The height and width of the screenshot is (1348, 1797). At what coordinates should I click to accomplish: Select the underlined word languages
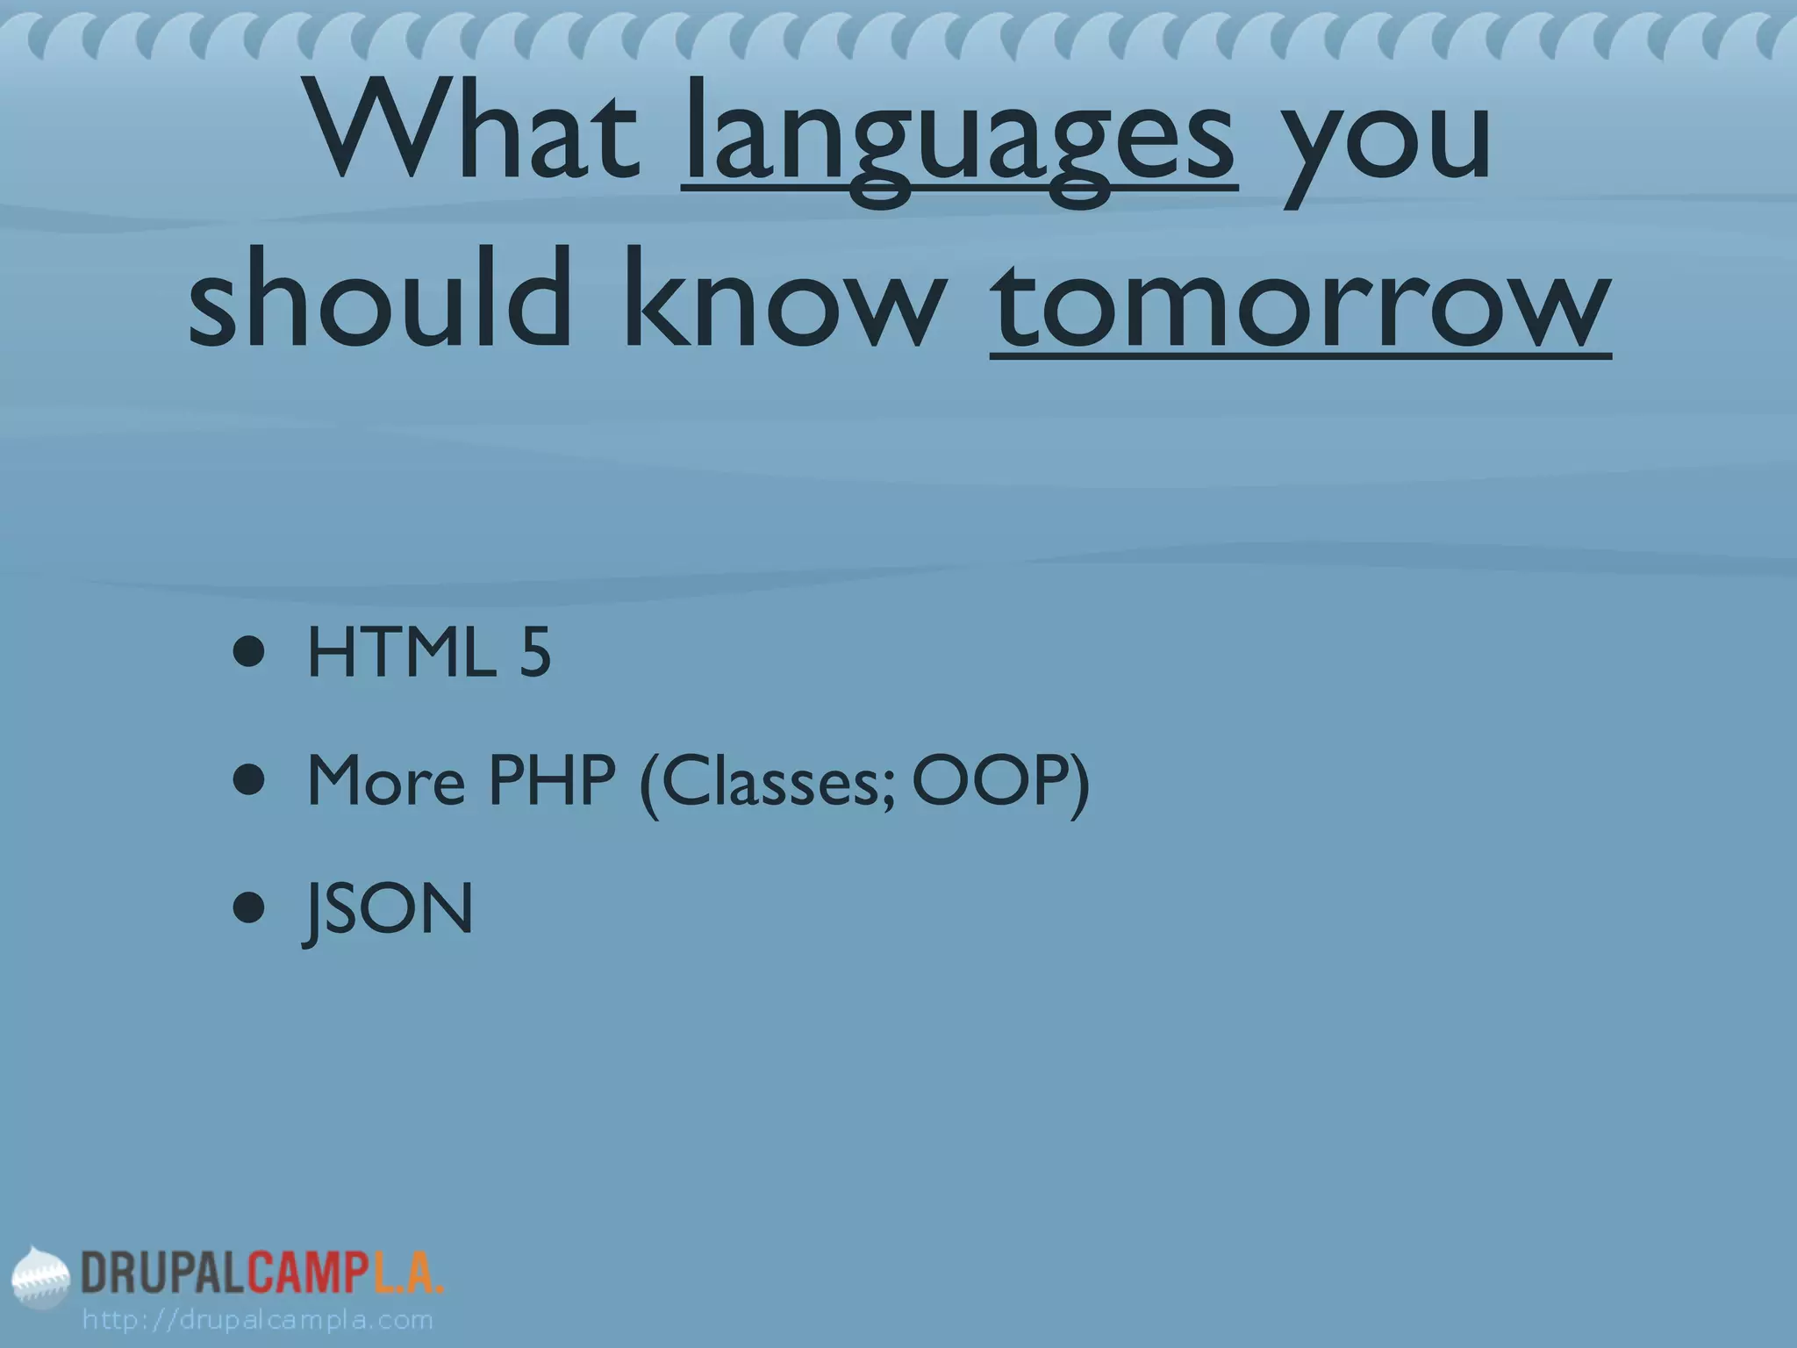coord(959,140)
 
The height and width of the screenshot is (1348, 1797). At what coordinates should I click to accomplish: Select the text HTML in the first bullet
coord(400,654)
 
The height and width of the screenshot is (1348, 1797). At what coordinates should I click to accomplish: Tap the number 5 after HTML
coord(534,654)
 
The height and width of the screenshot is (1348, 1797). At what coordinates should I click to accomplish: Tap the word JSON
coord(389,910)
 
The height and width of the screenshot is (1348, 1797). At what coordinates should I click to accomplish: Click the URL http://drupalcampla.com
coord(257,1319)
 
